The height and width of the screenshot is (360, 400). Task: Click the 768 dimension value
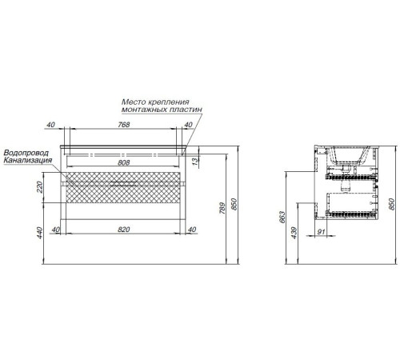point(124,125)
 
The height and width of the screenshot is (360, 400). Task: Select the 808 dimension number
point(124,162)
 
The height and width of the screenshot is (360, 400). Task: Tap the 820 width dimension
point(124,230)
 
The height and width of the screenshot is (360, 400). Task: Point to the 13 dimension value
point(195,162)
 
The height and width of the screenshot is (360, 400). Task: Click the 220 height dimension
point(39,186)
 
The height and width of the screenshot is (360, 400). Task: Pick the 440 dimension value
point(39,233)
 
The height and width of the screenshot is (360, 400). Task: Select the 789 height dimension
point(222,208)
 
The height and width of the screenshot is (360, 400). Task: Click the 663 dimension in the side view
point(282,217)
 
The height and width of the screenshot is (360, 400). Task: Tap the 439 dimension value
point(294,233)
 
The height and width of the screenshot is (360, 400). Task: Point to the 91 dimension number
point(321,231)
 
